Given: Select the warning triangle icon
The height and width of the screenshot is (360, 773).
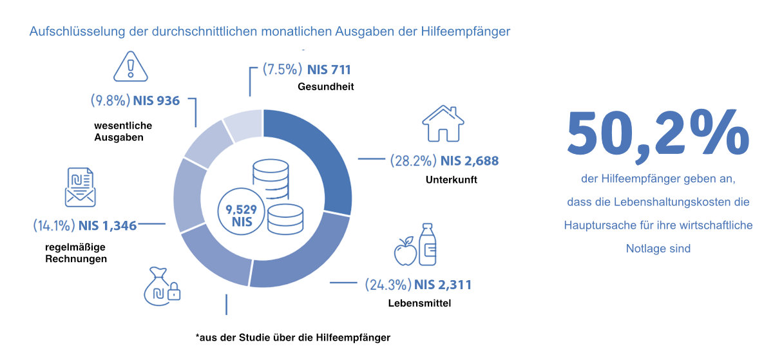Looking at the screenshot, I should tap(130, 66).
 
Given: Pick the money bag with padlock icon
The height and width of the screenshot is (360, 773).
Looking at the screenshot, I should tap(161, 286).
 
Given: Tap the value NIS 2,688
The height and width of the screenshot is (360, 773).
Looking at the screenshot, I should tap(469, 160).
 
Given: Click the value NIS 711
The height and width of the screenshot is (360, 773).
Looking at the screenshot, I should tap(329, 70).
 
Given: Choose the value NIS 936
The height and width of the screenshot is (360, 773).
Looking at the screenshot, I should tap(156, 100).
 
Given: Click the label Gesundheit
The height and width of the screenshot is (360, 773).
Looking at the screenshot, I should tap(326, 86).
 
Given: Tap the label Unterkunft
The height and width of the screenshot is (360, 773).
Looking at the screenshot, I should tap(451, 180).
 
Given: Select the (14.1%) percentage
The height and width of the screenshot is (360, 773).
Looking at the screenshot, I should tap(54, 225).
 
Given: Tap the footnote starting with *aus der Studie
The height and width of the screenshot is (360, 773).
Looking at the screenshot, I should tap(293, 337).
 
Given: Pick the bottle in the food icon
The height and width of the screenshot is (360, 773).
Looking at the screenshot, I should tap(427, 245).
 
